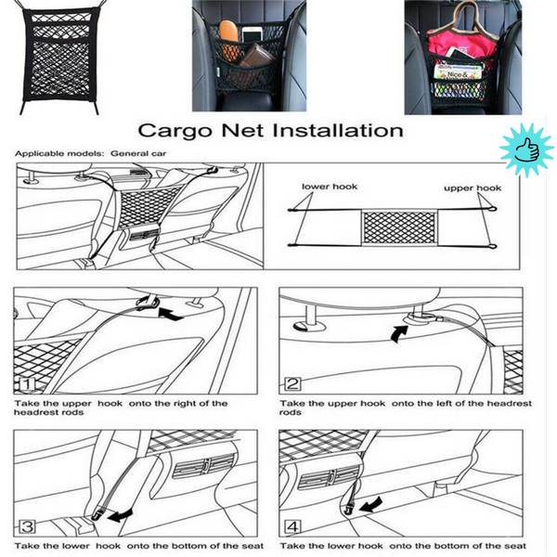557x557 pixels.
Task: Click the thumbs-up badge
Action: tap(526, 149)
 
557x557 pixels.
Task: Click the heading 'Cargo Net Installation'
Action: tap(270, 130)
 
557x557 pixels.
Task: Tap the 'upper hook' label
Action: tap(472, 188)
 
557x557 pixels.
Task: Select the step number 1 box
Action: tap(25, 383)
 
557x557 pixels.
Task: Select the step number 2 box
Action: tap(292, 383)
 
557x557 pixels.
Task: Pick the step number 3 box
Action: tap(25, 526)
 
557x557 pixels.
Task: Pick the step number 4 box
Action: tap(292, 526)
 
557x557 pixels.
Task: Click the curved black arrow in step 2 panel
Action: tap(400, 331)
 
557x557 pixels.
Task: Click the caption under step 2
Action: tap(406, 408)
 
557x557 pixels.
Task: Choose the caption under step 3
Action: tap(139, 546)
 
